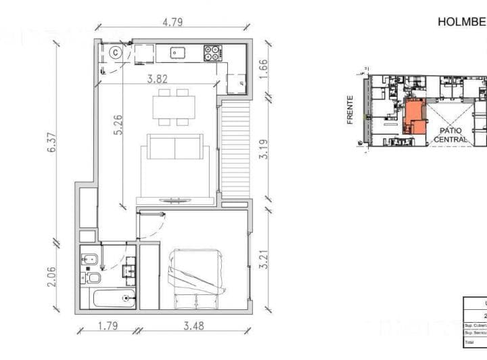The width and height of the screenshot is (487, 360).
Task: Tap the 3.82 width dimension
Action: (x=160, y=78)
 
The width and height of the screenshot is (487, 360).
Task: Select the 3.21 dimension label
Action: (x=264, y=260)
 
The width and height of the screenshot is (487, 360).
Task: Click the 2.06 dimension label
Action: (x=53, y=276)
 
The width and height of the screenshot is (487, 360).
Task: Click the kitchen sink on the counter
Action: (x=179, y=52)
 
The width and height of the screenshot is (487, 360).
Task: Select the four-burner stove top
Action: (x=213, y=52)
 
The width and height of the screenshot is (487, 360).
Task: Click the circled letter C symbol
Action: (x=116, y=51)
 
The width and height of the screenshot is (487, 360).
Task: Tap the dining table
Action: (x=173, y=107)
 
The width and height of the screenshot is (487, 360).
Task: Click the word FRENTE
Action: (x=350, y=110)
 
